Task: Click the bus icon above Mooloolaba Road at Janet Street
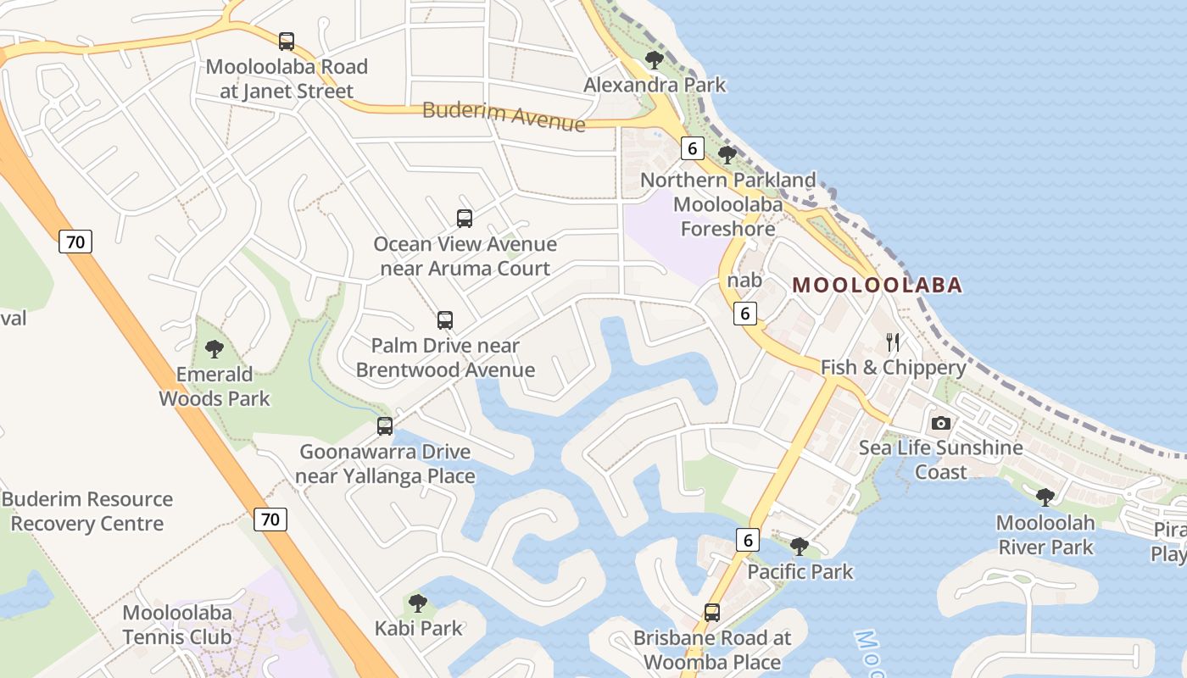(287, 41)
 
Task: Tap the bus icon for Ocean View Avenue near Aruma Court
(465, 218)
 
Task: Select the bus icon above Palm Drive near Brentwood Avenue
(445, 320)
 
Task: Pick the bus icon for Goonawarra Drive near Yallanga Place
(385, 425)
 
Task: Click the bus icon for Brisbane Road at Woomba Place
(712, 612)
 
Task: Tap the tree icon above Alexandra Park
(654, 59)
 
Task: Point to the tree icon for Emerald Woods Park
(215, 348)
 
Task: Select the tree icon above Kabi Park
(417, 603)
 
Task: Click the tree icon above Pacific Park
(799, 547)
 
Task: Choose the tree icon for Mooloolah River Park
(1045, 497)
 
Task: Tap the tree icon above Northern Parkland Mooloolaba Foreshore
(727, 154)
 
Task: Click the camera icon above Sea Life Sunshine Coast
(941, 423)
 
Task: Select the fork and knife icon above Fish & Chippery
(892, 342)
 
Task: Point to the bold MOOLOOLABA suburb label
(878, 285)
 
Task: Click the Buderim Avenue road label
(504, 116)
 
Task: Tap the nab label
(744, 280)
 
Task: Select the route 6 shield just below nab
(744, 313)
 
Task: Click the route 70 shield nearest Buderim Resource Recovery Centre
(270, 519)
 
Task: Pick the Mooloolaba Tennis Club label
(177, 624)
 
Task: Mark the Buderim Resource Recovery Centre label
(87, 511)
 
